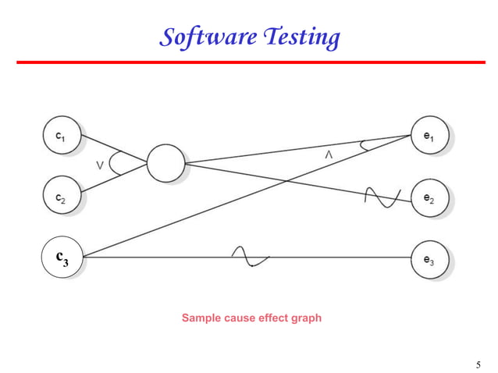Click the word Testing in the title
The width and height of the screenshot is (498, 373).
tap(301, 36)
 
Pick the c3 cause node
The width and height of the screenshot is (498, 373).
tap(62, 258)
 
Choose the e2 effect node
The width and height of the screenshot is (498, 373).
tap(429, 198)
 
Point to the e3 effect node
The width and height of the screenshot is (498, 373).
tap(429, 260)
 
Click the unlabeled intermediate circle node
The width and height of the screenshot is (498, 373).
tap(165, 163)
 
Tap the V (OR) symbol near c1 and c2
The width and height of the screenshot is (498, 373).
tap(101, 165)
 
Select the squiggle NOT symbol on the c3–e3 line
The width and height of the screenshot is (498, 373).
tap(250, 257)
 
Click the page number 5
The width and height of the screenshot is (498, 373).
tap(478, 364)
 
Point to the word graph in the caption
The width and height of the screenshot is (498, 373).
tap(305, 318)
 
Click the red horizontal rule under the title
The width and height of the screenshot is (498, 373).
tap(249, 62)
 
